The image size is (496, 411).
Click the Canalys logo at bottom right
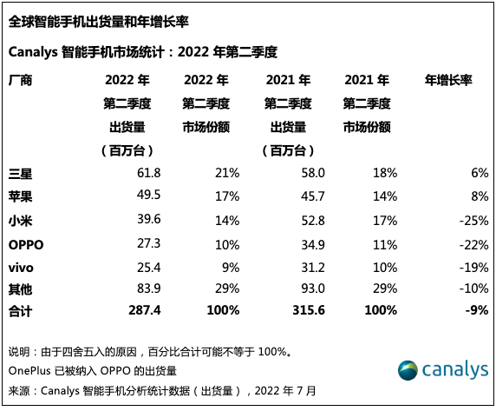click(x=442, y=371)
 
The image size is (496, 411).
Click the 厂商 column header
click(x=20, y=81)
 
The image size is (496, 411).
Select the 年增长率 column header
click(x=447, y=81)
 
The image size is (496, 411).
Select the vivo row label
click(x=21, y=264)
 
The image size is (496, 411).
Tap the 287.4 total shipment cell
click(x=142, y=309)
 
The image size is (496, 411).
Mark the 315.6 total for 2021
click(x=304, y=309)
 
